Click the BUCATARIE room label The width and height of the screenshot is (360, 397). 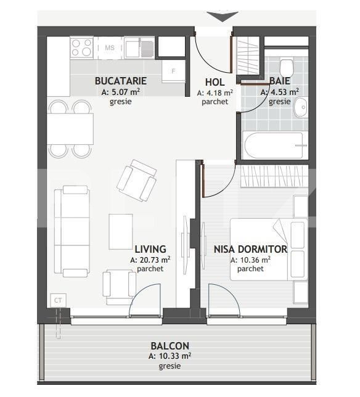pyautogui.click(x=120, y=81)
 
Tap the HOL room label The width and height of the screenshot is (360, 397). pyautogui.click(x=215, y=82)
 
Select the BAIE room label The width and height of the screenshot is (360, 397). pyautogui.click(x=279, y=81)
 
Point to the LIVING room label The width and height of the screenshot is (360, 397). pyautogui.click(x=150, y=249)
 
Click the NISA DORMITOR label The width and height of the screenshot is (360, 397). pyautogui.click(x=250, y=249)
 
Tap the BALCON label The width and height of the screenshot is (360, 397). pyautogui.click(x=170, y=346)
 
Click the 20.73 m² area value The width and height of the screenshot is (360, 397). pyautogui.click(x=150, y=260)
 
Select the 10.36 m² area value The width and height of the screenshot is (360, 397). pyautogui.click(x=250, y=260)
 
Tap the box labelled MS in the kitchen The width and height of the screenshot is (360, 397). pyautogui.click(x=110, y=47)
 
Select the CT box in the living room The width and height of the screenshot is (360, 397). pyautogui.click(x=58, y=300)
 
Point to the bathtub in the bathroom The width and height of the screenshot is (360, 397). pyautogui.click(x=274, y=145)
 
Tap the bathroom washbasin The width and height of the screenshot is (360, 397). pyautogui.click(x=300, y=107)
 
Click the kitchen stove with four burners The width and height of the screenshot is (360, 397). pyautogui.click(x=81, y=47)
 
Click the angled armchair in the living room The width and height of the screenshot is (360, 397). pyautogui.click(x=137, y=179)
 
